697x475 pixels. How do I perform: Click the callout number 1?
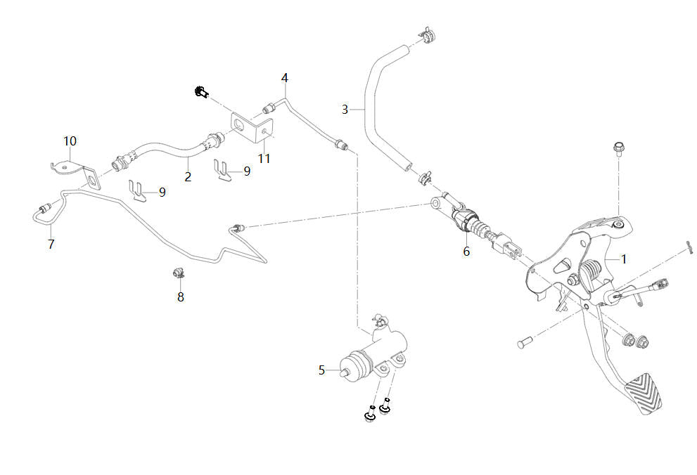pos(623,259)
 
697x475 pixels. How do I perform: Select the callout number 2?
pos(188,176)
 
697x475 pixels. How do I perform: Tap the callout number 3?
pos(345,109)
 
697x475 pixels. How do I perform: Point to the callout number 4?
pos(285,77)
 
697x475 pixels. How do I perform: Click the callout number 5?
pos(322,370)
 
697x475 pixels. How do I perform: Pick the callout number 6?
pos(466,251)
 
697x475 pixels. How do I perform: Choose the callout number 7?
pos(51,245)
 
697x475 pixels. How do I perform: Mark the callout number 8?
pos(181,297)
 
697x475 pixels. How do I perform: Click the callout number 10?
pos(70,141)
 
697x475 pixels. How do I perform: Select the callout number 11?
pos(264,159)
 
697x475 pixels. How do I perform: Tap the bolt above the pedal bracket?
pos(619,149)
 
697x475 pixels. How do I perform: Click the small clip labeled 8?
pos(179,272)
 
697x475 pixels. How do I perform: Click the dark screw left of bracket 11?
pos(201,92)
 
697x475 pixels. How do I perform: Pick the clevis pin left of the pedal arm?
pos(523,344)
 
